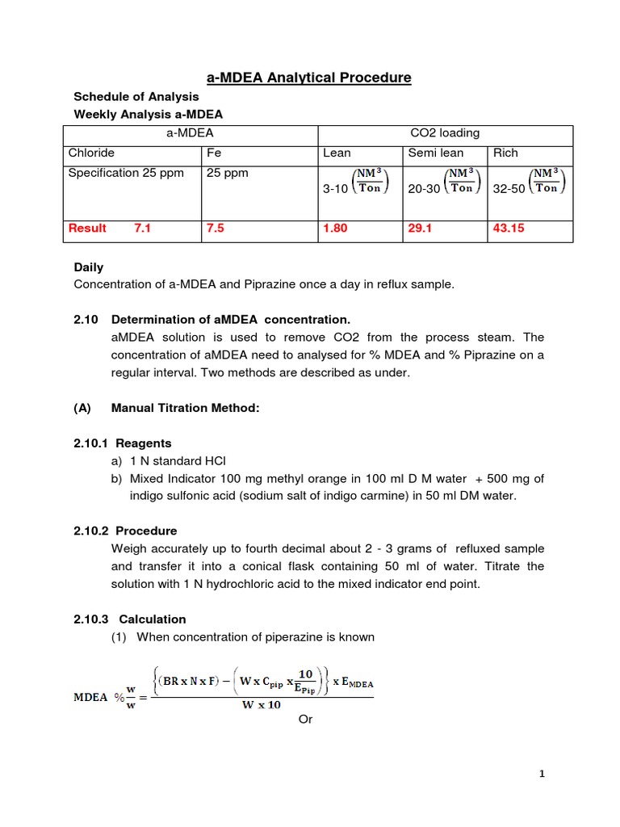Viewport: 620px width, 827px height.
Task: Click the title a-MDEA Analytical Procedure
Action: [x=309, y=78]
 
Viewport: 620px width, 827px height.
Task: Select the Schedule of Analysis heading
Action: [x=136, y=97]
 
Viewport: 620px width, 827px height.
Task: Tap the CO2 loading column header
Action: [x=445, y=133]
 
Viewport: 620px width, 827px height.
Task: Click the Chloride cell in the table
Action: [x=91, y=153]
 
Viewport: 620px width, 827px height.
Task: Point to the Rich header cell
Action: [x=505, y=153]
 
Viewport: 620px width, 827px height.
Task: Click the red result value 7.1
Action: [x=143, y=229]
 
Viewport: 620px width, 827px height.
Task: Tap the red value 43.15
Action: [x=509, y=229]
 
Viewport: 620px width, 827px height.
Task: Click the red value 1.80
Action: [x=335, y=229]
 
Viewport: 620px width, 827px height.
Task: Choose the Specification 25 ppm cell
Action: [x=126, y=173]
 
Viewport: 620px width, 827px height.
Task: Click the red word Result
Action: [x=87, y=229]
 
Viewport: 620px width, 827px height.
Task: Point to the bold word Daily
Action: [x=89, y=267]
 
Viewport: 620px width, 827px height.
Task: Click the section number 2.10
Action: [x=86, y=319]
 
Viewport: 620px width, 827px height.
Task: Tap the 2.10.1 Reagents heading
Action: [x=123, y=443]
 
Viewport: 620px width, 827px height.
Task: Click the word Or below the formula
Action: [x=305, y=719]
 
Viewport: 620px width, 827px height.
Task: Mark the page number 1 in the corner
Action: [x=542, y=775]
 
